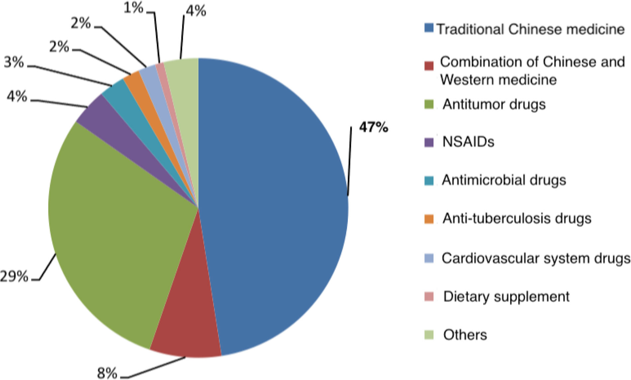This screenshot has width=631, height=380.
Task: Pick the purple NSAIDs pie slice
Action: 100,116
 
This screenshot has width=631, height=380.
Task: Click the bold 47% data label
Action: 373,127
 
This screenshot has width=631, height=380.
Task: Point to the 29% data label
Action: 14,276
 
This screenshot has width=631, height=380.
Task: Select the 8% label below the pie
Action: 107,373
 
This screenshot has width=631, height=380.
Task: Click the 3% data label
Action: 14,62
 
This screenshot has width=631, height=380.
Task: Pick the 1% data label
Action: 133,8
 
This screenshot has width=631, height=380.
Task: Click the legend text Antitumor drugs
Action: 494,104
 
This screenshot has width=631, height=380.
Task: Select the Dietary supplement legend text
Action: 506,296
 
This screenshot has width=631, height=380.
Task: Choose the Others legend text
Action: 465,335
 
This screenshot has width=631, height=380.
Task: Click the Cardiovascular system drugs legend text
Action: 536,258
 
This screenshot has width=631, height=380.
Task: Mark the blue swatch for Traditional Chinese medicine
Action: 429,28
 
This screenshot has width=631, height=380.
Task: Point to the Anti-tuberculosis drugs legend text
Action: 517,219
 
